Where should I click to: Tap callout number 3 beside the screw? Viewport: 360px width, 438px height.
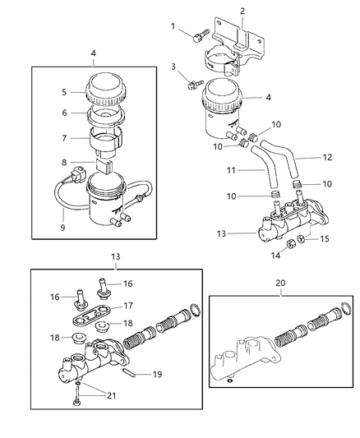coord(174,67)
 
